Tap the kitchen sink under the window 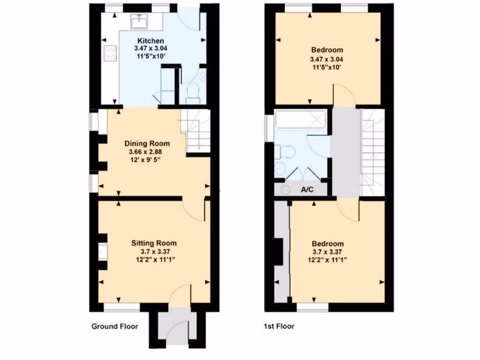(x=140, y=21)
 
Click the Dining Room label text (x=147, y=143)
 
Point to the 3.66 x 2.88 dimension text (x=147, y=152)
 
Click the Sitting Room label (x=154, y=243)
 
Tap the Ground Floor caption (x=114, y=326)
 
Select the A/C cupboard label (x=307, y=189)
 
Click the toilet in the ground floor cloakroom (x=193, y=91)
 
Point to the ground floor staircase (x=196, y=131)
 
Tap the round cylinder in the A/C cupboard (x=285, y=190)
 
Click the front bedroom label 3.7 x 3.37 (x=328, y=252)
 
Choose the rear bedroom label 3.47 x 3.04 (x=327, y=60)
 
